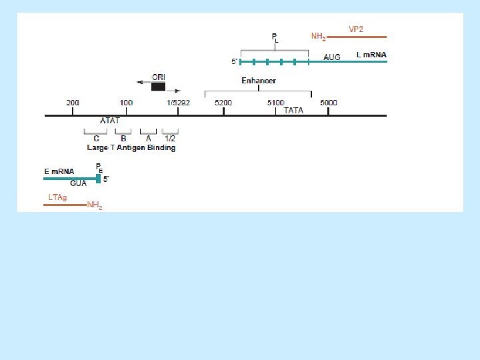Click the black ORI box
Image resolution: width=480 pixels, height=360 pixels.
coord(158,87)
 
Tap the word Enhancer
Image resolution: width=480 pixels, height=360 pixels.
coord(259,81)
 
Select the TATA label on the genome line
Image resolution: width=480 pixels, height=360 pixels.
coord(293,111)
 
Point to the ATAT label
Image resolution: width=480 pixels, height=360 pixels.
coord(110,121)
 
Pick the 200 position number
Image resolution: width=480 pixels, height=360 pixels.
coord(73,103)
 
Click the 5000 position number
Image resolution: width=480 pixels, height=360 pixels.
coord(328,103)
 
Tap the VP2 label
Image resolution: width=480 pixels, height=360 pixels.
coord(357,29)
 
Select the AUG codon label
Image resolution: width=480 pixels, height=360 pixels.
coord(331,57)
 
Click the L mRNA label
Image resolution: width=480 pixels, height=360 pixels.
coord(371,55)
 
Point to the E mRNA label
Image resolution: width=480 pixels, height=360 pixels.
coord(59,171)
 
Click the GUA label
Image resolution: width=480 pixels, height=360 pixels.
coord(79,183)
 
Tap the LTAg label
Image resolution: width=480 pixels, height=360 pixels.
coord(57,197)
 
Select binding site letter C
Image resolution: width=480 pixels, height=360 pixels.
coord(96,139)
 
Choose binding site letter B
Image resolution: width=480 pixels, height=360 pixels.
coord(123,139)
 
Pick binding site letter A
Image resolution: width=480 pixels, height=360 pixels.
coord(148,139)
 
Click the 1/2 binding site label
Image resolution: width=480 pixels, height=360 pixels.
coord(170,139)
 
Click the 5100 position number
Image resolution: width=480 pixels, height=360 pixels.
coord(275,103)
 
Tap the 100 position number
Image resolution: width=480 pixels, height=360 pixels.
coord(126,103)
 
